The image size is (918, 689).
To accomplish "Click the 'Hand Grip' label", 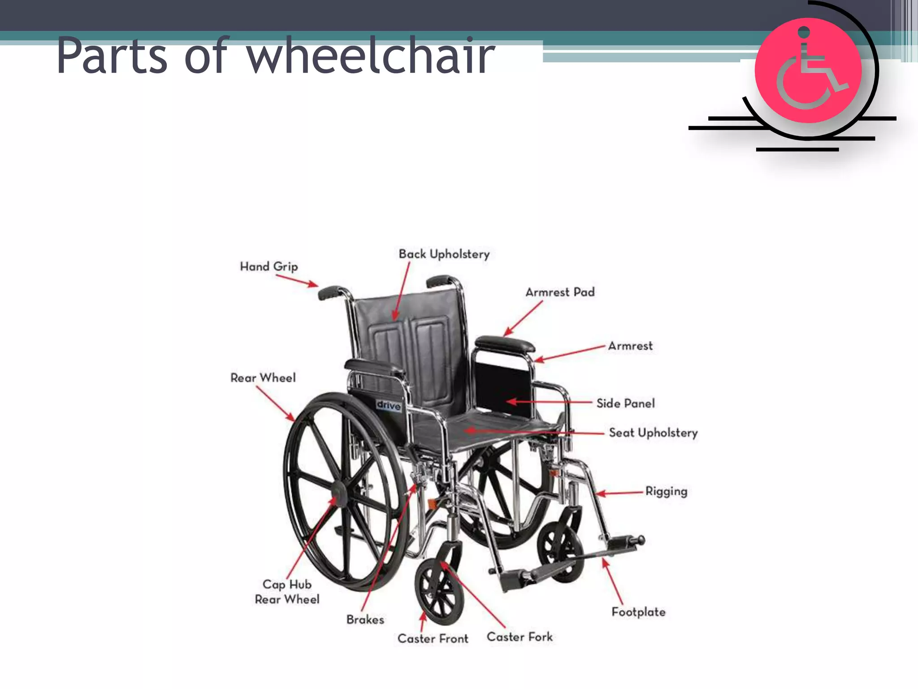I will pos(269,266).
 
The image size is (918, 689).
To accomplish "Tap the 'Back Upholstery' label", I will pos(444,254).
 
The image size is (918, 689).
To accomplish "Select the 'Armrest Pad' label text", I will pos(560,292).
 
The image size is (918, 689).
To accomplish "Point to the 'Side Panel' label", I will pos(625,403).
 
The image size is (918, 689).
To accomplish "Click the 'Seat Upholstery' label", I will pos(653,433).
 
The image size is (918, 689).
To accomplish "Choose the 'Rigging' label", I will pos(666,491).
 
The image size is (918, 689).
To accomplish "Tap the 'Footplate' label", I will pos(638,612).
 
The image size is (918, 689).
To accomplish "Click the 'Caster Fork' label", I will pos(520,637).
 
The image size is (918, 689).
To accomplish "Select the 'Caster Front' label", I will pos(433,638).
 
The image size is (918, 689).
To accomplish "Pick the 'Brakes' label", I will pos(365,619).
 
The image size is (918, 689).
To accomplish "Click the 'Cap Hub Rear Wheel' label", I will pos(287,592).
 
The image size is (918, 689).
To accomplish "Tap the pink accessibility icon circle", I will pos(808,70).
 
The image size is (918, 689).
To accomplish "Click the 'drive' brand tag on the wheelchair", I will pos(388,405).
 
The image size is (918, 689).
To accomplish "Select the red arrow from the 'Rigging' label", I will pos(621,493).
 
